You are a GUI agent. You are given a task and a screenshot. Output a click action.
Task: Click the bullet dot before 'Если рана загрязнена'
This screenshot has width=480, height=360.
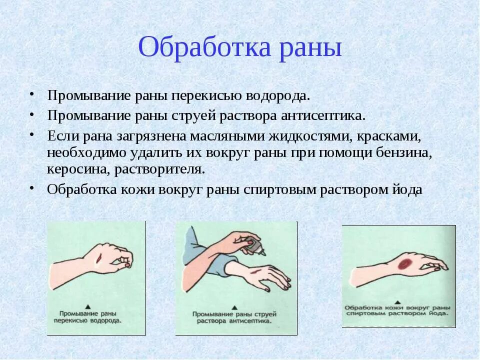point(31,135)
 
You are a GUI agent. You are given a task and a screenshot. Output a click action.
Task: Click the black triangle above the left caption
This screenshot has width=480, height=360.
point(88,305)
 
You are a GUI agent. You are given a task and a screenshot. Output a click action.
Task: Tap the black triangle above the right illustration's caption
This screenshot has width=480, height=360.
point(397,301)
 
